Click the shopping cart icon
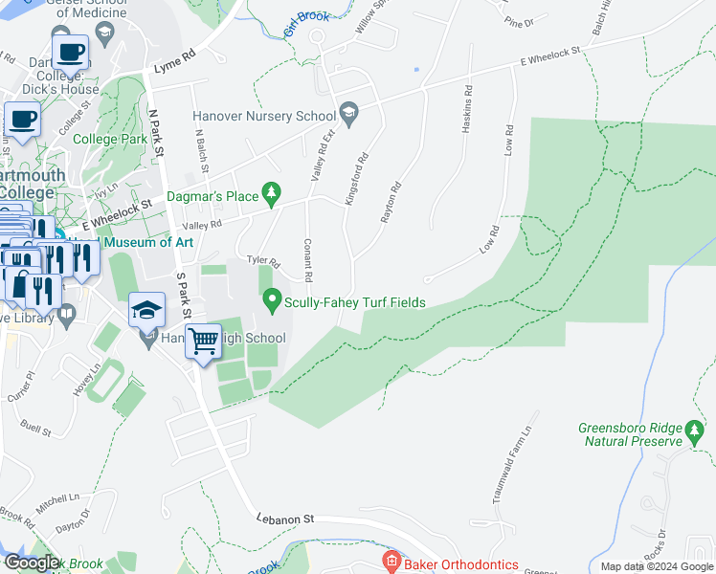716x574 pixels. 203,341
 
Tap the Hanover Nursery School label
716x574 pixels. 263,116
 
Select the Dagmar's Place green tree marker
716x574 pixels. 272,193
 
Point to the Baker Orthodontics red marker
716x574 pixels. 390,561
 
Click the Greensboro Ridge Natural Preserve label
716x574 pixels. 631,434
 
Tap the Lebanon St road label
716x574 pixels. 285,518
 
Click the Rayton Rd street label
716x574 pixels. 390,203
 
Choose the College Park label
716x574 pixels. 110,139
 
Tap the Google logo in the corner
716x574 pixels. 32,563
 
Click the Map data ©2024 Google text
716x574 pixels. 656,566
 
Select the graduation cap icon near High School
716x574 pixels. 146,309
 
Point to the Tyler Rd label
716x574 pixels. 262,261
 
